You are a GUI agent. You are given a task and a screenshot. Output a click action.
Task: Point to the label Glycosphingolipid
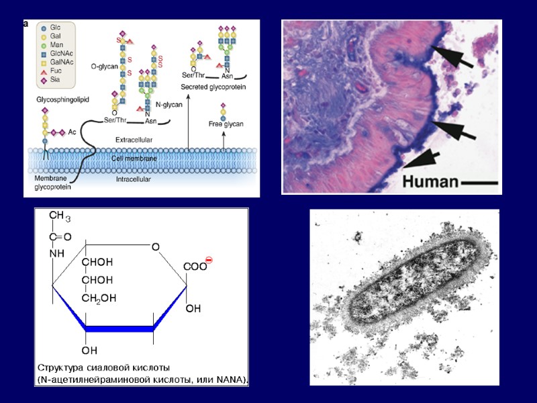point(63,99)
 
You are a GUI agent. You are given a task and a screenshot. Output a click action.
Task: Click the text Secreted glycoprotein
point(212,87)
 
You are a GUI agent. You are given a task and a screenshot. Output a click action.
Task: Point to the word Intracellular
point(134,179)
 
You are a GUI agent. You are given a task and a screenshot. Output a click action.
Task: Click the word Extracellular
point(134,139)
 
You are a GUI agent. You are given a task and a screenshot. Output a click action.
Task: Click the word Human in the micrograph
point(430,180)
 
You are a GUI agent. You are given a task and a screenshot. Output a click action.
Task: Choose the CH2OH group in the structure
point(99,298)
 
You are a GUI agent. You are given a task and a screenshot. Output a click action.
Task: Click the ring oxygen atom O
point(155,247)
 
